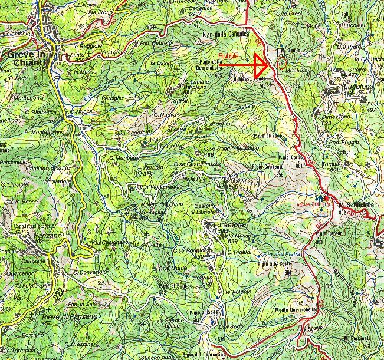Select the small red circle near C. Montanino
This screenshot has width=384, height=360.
[x=281, y=61]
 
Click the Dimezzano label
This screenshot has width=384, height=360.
[x=336, y=117]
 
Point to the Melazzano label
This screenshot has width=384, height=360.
[x=113, y=52]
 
